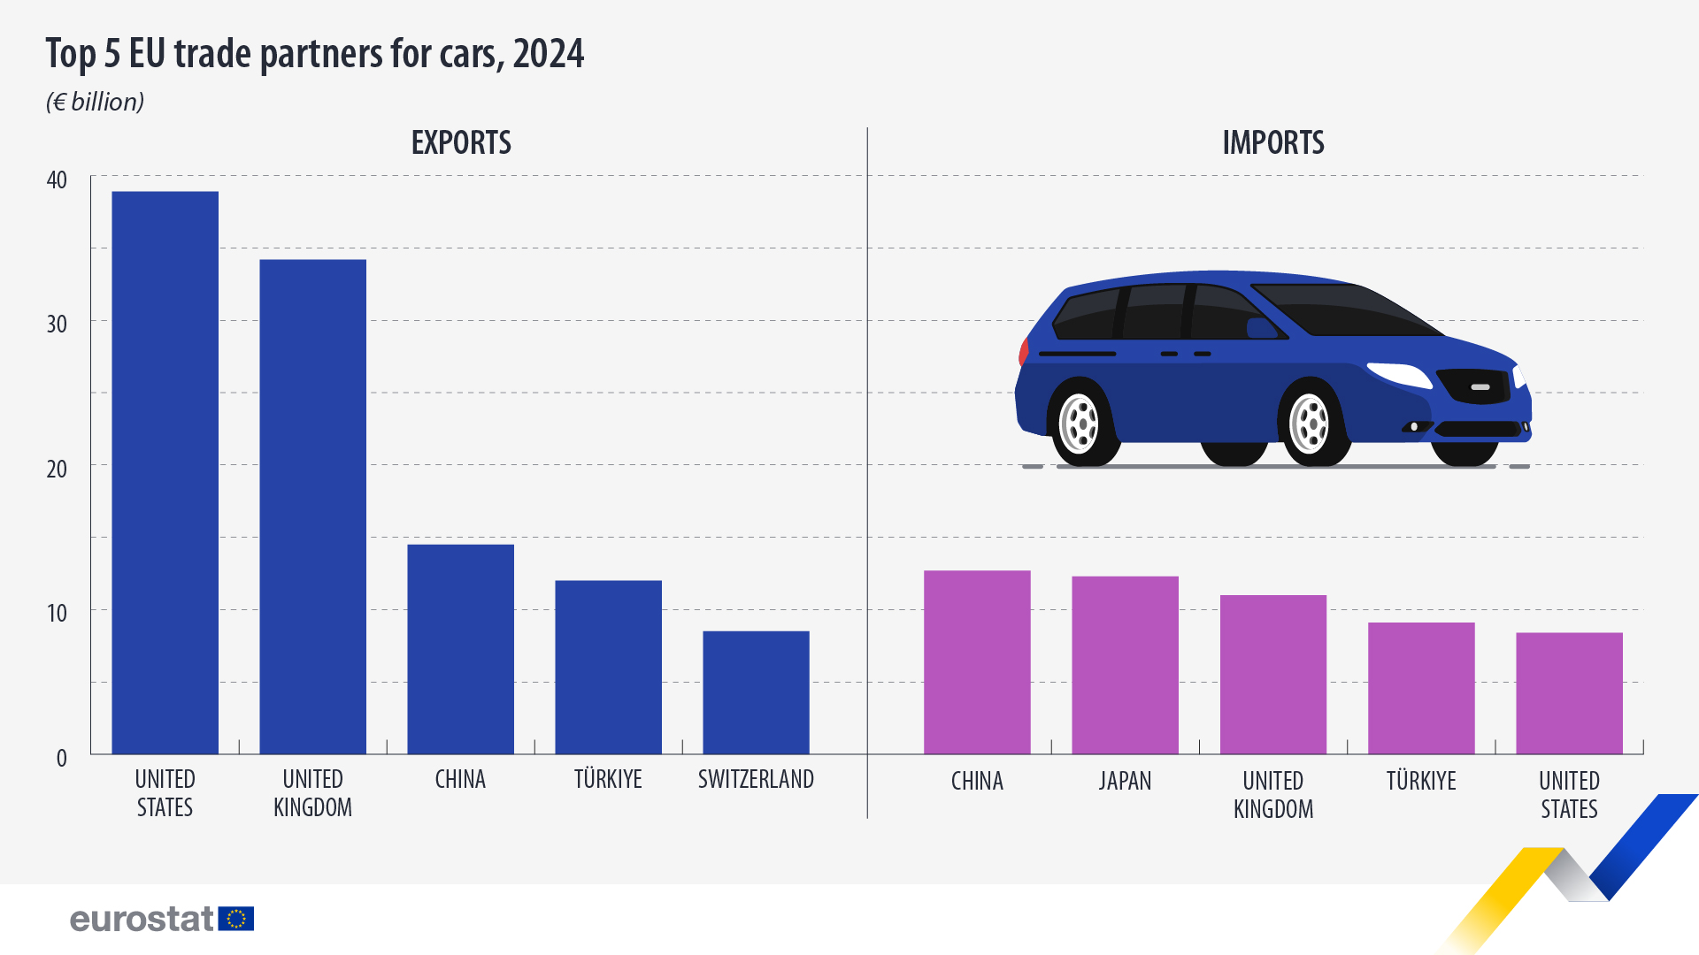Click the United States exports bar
pyautogui.click(x=165, y=472)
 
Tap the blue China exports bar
pyautogui.click(x=460, y=649)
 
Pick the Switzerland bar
pyautogui.click(x=756, y=691)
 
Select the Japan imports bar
pyautogui.click(x=1125, y=665)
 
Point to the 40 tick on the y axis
pyautogui.click(x=57, y=180)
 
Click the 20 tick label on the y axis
pyautogui.click(x=57, y=469)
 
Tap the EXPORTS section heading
pyautogui.click(x=461, y=142)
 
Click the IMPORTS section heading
pyautogui.click(x=1273, y=142)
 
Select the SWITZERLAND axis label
pyautogui.click(x=756, y=779)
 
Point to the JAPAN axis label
pyautogui.click(x=1125, y=781)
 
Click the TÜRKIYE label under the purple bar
pyautogui.click(x=1421, y=781)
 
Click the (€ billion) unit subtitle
pyautogui.click(x=95, y=102)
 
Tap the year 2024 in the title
pyautogui.click(x=548, y=53)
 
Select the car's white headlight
pyautogui.click(x=1400, y=374)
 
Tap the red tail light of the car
pyautogui.click(x=1024, y=351)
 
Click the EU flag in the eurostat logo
pyautogui.click(x=236, y=919)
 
